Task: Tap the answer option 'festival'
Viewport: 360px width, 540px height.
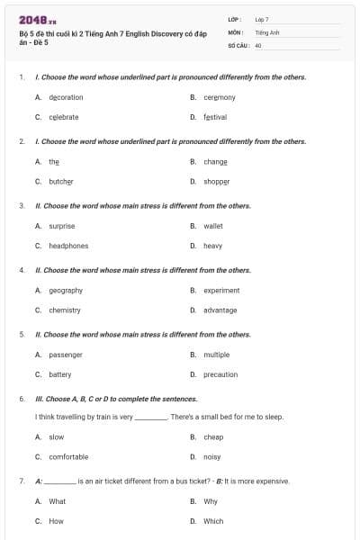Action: [215, 117]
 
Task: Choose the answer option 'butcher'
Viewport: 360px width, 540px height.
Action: [61, 181]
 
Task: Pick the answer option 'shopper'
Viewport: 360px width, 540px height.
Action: [216, 181]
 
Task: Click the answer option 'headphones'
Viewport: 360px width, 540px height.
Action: [68, 246]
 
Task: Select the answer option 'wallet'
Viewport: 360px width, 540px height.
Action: [213, 226]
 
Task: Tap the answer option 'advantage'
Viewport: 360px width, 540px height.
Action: [220, 310]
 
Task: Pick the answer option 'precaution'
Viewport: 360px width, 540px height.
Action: [220, 374]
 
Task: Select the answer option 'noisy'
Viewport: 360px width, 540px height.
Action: [212, 457]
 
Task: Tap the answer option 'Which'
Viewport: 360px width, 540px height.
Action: [213, 521]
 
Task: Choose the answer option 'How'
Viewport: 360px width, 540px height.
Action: [56, 521]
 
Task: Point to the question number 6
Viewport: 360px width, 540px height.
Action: [22, 399]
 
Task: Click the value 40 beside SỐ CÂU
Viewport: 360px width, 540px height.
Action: [258, 44]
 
